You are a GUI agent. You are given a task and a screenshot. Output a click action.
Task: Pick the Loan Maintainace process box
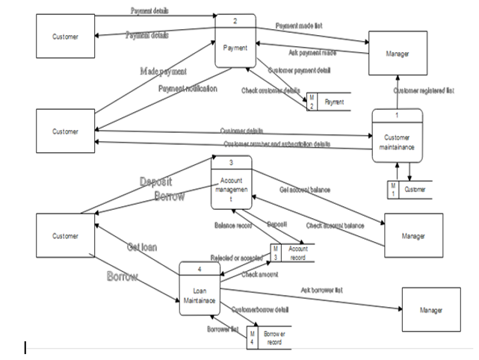[200, 287]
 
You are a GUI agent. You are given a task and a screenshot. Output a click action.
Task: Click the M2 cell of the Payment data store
[312, 102]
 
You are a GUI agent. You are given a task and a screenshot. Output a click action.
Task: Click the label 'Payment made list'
[299, 25]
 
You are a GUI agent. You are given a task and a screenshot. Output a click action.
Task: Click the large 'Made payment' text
[163, 71]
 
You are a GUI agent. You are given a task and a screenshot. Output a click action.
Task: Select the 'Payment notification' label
[188, 88]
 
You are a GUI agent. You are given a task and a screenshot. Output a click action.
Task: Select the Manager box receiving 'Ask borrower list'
[431, 309]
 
